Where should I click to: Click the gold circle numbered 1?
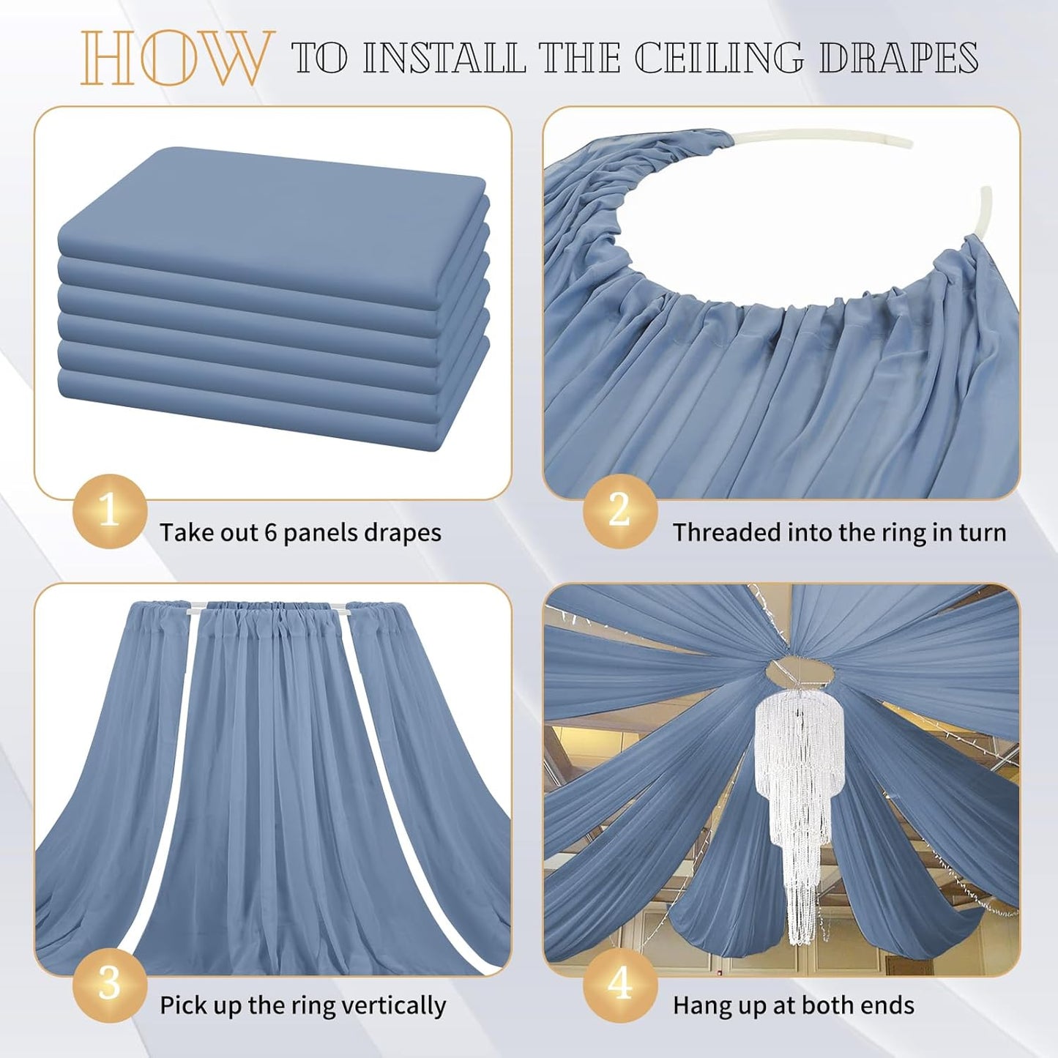click(x=109, y=510)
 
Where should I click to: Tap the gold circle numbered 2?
click(x=619, y=510)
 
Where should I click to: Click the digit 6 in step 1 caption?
click(x=271, y=533)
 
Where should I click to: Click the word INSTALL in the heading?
click(x=444, y=58)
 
